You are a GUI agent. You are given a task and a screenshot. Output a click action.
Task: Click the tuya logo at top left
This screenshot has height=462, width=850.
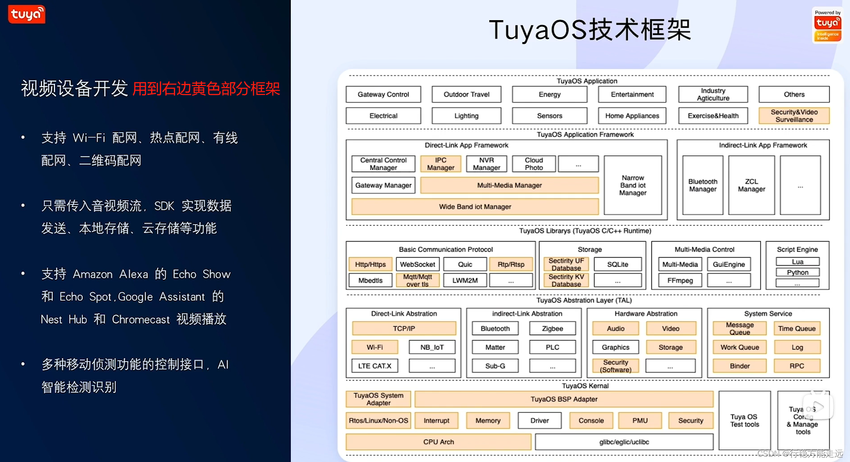click(26, 14)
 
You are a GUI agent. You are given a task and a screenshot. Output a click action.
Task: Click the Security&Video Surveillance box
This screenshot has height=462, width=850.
click(794, 116)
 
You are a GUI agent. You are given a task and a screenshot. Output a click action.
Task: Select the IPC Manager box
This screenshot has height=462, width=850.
click(440, 164)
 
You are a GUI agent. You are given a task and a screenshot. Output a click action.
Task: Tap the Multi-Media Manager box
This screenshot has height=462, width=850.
click(509, 185)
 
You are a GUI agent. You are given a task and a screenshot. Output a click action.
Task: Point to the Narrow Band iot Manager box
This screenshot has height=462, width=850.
click(633, 185)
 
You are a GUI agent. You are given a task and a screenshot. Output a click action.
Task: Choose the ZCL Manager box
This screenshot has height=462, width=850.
click(751, 185)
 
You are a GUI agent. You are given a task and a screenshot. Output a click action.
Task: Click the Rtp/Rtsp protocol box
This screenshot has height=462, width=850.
click(511, 264)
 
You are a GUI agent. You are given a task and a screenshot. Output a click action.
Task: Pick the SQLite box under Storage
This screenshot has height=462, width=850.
click(617, 264)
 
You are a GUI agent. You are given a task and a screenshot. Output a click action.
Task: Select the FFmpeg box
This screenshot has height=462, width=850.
click(680, 281)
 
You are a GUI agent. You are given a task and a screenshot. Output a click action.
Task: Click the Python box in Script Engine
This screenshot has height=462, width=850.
click(798, 272)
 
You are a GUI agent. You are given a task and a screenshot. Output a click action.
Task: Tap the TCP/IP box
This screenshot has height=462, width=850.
click(404, 328)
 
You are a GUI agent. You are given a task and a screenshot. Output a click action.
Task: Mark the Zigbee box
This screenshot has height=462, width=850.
click(552, 328)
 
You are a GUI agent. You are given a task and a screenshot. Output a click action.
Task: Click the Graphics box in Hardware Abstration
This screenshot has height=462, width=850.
click(615, 347)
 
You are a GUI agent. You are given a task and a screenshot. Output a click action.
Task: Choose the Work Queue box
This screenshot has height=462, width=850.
click(739, 347)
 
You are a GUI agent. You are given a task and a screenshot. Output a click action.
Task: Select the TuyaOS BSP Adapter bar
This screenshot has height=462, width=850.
click(564, 399)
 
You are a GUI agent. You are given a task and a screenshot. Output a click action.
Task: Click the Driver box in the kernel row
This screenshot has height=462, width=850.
click(539, 420)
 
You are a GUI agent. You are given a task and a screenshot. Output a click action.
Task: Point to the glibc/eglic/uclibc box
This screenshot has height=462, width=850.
click(624, 442)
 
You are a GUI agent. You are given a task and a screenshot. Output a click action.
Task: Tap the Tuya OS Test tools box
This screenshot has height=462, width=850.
click(745, 420)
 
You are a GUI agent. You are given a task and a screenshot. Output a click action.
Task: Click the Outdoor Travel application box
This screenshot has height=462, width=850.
click(466, 95)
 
